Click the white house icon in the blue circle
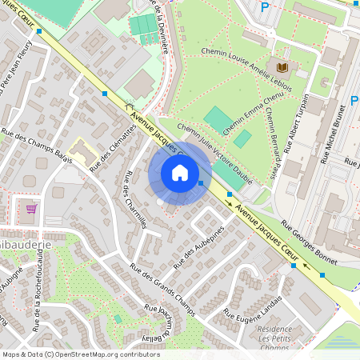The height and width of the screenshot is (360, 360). [x=180, y=173]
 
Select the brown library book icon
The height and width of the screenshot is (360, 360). [x=282, y=66]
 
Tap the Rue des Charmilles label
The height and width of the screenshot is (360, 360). [x=135, y=200]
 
